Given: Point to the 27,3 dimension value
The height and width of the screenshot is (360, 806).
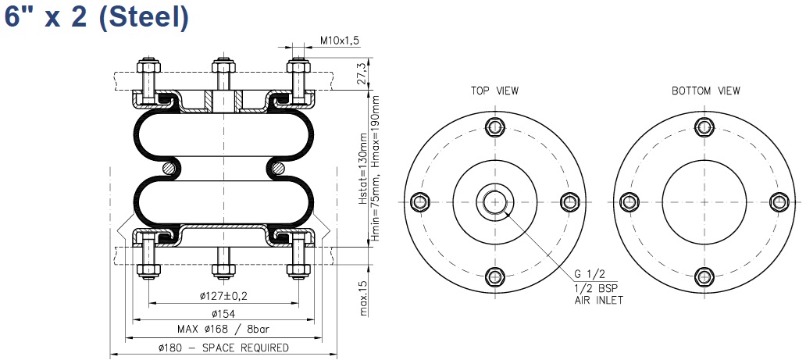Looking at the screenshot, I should coord(362,74).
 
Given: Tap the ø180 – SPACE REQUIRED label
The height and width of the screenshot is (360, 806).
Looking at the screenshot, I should coord(223,348).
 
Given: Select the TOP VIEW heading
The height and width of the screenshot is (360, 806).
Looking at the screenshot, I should coord(494,91).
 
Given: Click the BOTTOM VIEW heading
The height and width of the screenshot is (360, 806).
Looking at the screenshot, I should coord(706,91).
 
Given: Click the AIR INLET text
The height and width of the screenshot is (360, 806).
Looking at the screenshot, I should coord(598,301).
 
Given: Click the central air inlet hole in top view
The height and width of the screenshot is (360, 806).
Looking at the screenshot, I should coord(494,201).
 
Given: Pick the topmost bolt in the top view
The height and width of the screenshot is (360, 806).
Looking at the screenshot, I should coord(494,127).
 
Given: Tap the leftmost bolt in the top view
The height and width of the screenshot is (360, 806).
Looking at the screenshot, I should coord(420,201).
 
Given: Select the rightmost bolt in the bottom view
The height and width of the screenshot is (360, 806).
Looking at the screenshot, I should coord(779,201).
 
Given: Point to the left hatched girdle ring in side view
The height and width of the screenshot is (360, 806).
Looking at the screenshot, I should coord(169,168).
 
